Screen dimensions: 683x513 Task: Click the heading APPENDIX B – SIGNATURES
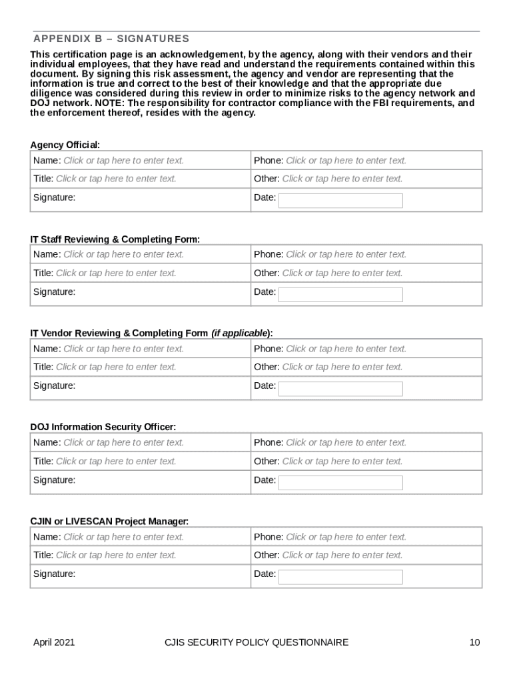(111, 39)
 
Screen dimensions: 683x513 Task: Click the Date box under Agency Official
(340, 201)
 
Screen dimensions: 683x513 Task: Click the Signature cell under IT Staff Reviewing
(140, 292)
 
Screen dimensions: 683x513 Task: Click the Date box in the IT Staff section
(340, 295)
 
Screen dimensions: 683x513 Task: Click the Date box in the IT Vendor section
(340, 389)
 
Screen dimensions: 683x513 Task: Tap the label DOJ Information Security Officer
(103, 427)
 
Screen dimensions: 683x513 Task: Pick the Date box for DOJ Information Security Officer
(340, 483)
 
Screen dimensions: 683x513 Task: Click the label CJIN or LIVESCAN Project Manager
(109, 521)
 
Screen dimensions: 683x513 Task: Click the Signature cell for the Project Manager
(140, 574)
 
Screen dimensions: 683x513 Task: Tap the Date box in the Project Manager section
(340, 577)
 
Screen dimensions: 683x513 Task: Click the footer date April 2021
(54, 642)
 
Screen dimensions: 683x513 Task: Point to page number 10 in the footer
(474, 642)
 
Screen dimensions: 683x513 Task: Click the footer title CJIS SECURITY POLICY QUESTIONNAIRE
(256, 642)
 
